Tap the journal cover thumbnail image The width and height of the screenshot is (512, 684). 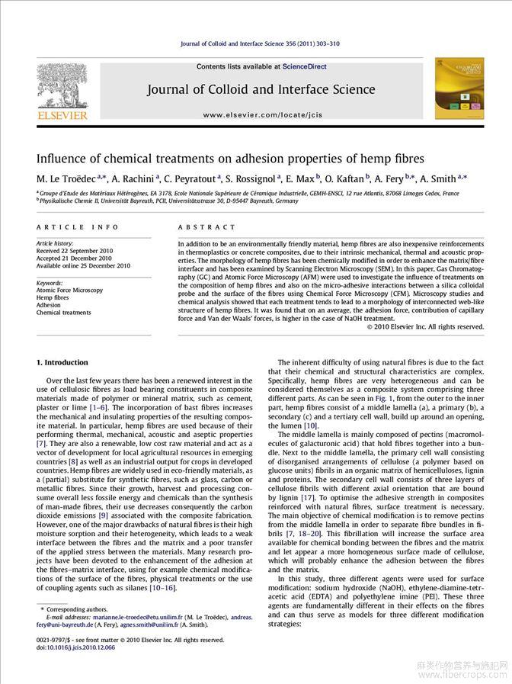click(455, 89)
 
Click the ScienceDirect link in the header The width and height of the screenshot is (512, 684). click(304, 67)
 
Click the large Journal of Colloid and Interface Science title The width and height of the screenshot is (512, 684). click(261, 90)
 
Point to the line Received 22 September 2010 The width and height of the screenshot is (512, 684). click(75, 251)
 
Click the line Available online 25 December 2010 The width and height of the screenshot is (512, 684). click(83, 265)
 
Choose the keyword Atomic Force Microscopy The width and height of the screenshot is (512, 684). click(69, 291)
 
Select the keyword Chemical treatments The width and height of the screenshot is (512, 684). click(63, 313)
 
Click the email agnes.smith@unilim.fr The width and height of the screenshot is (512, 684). click(149, 625)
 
